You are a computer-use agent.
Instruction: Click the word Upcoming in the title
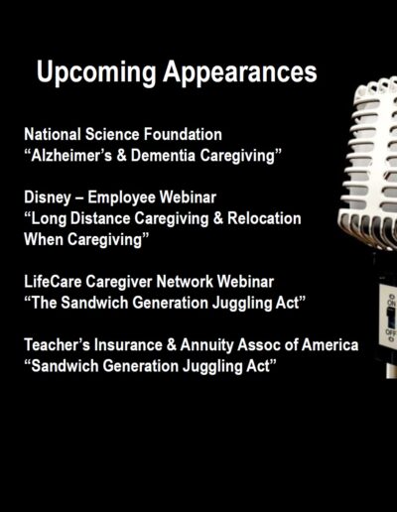(96, 72)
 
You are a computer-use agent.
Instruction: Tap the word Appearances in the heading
(240, 72)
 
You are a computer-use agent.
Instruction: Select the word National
(53, 134)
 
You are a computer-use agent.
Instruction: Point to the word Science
(112, 134)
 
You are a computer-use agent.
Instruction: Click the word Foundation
(183, 134)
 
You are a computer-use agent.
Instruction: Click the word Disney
(48, 197)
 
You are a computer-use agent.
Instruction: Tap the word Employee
(121, 197)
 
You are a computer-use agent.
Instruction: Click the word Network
(185, 282)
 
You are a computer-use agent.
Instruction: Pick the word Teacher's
(57, 345)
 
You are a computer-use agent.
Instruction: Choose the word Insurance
(128, 345)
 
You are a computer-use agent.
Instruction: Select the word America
(330, 345)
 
